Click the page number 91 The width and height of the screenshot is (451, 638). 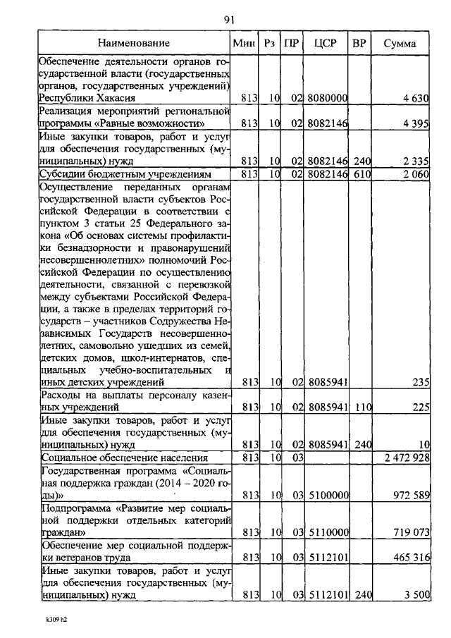pyautogui.click(x=229, y=19)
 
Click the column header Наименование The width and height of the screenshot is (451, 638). pyautogui.click(x=134, y=44)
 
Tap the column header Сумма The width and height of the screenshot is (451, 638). pyautogui.click(x=400, y=44)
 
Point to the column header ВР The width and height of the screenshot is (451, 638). pyautogui.click(x=359, y=44)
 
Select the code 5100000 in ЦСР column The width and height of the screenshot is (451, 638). pyautogui.click(x=328, y=496)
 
